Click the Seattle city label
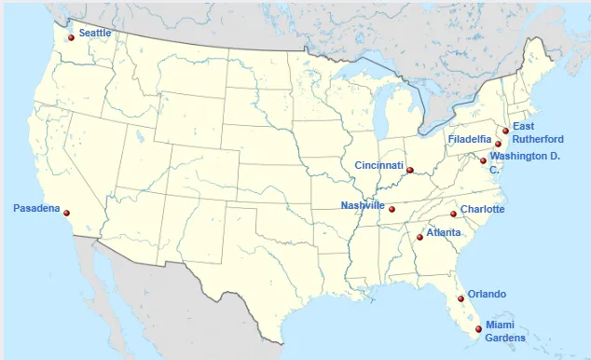(x=94, y=33)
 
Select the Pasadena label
(x=36, y=208)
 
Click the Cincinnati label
(x=378, y=166)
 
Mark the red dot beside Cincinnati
(x=410, y=170)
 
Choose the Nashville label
(x=363, y=205)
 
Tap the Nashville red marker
(x=392, y=209)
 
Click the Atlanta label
(x=443, y=232)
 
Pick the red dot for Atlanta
(x=419, y=237)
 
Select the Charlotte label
(x=483, y=209)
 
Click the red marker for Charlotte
(x=454, y=215)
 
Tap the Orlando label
(x=487, y=293)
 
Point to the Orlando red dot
(x=461, y=298)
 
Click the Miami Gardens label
(x=506, y=331)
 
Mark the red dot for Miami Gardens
(x=479, y=328)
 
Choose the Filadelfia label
(x=470, y=139)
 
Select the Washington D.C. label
(x=524, y=161)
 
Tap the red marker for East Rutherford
(x=505, y=131)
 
